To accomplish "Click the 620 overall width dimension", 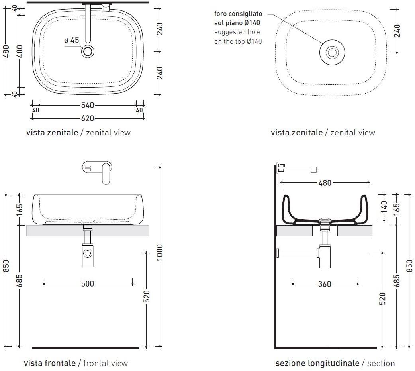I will tap(88, 118).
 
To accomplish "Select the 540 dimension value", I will tap(88, 105).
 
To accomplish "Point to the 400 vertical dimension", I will tap(20, 51).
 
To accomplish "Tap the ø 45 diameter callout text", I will tap(72, 40).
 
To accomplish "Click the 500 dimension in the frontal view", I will tap(88, 284).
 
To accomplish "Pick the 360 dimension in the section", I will tap(325, 284).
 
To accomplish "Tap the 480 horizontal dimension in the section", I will tap(325, 183).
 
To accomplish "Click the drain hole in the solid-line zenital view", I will tap(88, 51).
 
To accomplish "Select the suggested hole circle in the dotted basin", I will tap(332, 52).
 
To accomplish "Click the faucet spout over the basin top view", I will tap(88, 24).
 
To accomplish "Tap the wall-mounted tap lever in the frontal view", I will tap(106, 174).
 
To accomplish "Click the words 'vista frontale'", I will tap(49, 363).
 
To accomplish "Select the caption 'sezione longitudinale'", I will tap(317, 363).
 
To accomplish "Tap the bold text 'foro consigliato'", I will tap(238, 14).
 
